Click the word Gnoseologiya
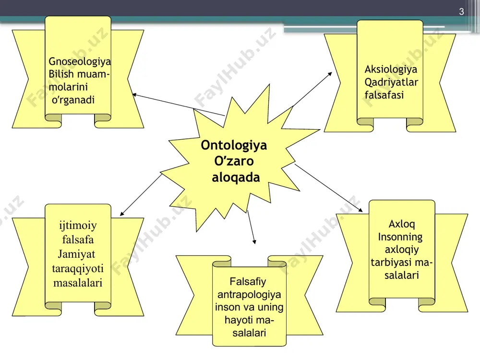coord(80,62)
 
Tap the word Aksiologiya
coord(391,70)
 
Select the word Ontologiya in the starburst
coord(234,145)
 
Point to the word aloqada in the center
coord(236,178)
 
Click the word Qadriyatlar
coord(391,83)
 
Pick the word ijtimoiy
coord(78,226)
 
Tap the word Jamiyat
coord(76,254)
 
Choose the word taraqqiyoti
coord(78,269)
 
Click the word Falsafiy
coord(248,282)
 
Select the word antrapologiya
coord(249,295)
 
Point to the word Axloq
coord(402,224)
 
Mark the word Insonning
coord(400,237)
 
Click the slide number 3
coord(462,12)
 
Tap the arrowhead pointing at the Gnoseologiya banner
coord(134,95)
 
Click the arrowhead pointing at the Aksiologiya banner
coord(330,74)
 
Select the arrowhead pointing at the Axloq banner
coord(360,210)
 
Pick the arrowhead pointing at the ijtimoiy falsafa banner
coord(122,214)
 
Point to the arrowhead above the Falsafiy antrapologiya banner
coord(254,242)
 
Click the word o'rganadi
coord(73,100)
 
